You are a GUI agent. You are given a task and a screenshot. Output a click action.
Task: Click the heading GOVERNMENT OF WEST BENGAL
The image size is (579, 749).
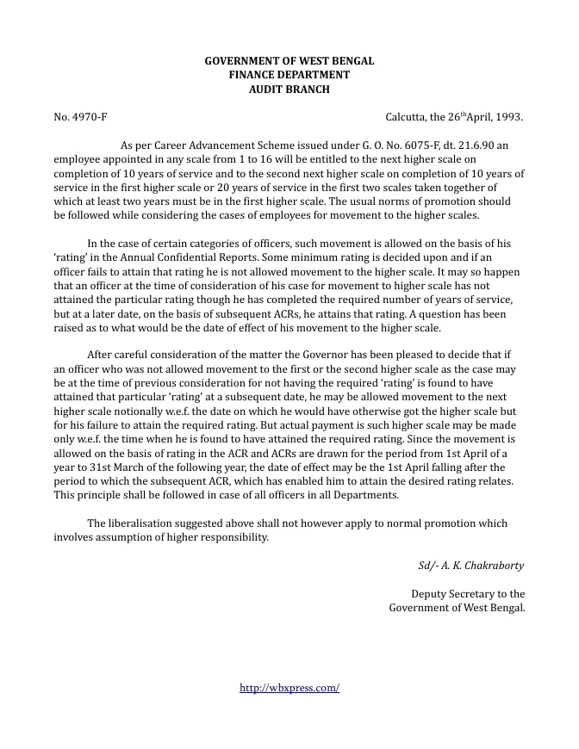coord(289,61)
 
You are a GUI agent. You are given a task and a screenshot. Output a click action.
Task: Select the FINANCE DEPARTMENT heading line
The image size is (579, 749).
coord(289,75)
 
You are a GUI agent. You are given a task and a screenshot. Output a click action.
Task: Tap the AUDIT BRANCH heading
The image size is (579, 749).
coord(289,89)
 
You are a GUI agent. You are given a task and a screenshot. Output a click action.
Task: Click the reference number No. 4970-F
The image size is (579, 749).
coord(80,116)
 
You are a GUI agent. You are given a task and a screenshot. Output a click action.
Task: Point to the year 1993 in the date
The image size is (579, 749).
coord(507,116)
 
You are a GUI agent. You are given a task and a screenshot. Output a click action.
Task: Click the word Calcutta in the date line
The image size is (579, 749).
coord(408,116)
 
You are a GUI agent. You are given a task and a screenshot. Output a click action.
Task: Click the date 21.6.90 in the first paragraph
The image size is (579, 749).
coord(470,145)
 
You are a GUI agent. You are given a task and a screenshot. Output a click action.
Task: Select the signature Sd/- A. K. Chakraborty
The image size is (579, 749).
coord(471,566)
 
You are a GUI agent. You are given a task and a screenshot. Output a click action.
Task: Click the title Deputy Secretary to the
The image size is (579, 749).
coord(468,594)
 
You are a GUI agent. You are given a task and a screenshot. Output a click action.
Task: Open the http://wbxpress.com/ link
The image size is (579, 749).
coord(289,688)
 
